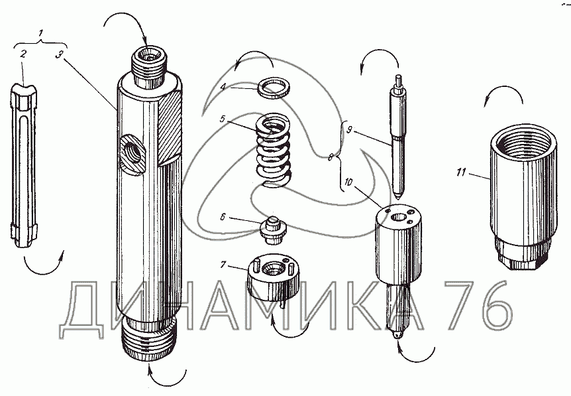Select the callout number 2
click(x=23, y=54)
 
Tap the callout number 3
click(x=60, y=54)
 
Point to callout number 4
click(x=223, y=86)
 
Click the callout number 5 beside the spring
click(x=223, y=119)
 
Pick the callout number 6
click(x=223, y=218)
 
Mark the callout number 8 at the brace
click(x=331, y=157)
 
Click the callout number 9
click(x=349, y=130)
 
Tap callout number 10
click(x=348, y=182)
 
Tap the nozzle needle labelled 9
click(x=398, y=137)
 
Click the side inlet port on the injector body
click(x=131, y=153)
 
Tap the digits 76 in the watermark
click(x=478, y=306)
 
